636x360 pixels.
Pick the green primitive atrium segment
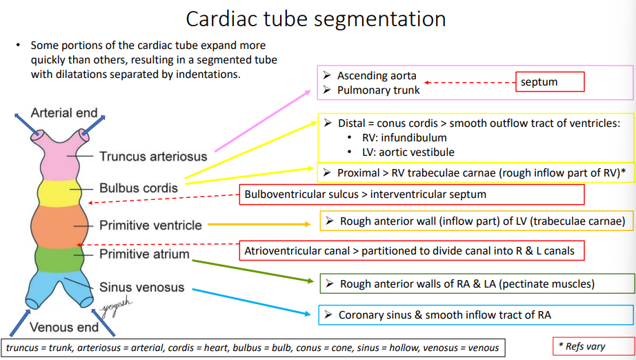pyautogui.click(x=59, y=259)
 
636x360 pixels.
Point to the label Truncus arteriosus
pyautogui.click(x=152, y=157)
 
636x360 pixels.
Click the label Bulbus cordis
pyautogui.click(x=138, y=188)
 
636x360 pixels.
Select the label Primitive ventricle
pyautogui.click(x=150, y=225)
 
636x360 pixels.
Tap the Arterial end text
pyautogui.click(x=64, y=113)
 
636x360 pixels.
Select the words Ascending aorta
pyautogui.click(x=377, y=76)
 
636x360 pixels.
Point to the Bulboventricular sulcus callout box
pyautogui.click(x=411, y=194)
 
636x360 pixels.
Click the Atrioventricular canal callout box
pyautogui.click(x=411, y=250)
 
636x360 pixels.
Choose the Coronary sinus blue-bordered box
pyautogui.click(x=476, y=315)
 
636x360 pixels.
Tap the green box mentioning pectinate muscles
pyautogui.click(x=476, y=283)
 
